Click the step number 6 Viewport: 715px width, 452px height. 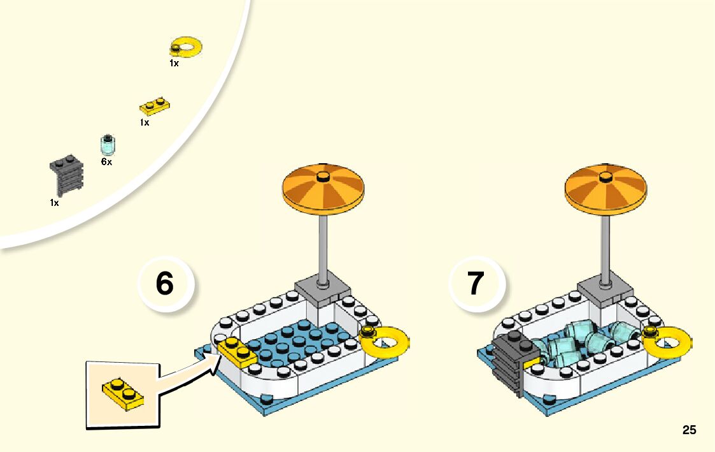[x=164, y=283]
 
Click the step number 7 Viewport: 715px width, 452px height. [x=476, y=283]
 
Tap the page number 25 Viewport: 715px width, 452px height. [x=689, y=430]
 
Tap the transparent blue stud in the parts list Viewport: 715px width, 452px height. [x=108, y=145]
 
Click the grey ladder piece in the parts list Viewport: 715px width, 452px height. [x=66, y=175]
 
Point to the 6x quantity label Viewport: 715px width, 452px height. [x=106, y=162]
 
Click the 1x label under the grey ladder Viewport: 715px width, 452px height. [x=54, y=203]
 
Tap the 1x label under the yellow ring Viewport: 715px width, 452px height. [x=174, y=63]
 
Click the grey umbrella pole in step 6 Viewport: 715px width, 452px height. [x=325, y=245]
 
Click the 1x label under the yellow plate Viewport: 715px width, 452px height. [x=145, y=122]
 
